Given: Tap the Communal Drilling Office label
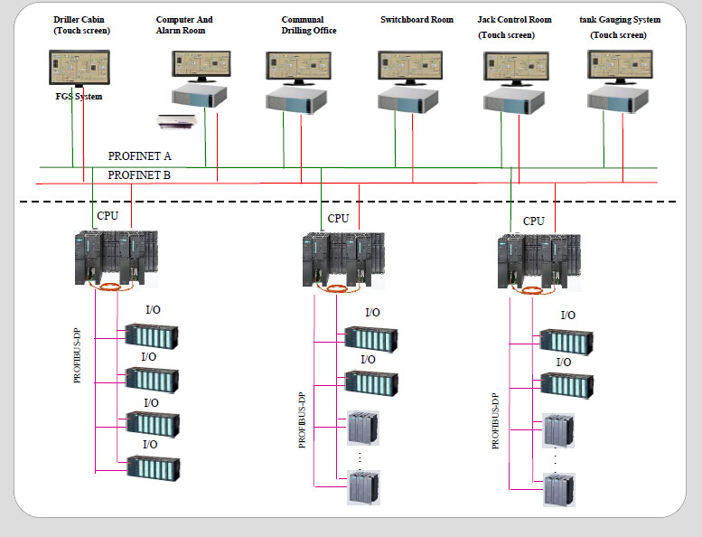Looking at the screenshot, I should pos(309,24).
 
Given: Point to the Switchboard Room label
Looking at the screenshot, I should pos(417,19).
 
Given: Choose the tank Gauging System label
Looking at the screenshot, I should pos(619,19).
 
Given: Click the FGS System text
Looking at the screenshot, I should pos(79,97).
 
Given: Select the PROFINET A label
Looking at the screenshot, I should pos(140,156).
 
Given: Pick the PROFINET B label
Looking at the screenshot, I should pos(139,175).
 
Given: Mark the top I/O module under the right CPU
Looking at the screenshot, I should pos(566,340).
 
